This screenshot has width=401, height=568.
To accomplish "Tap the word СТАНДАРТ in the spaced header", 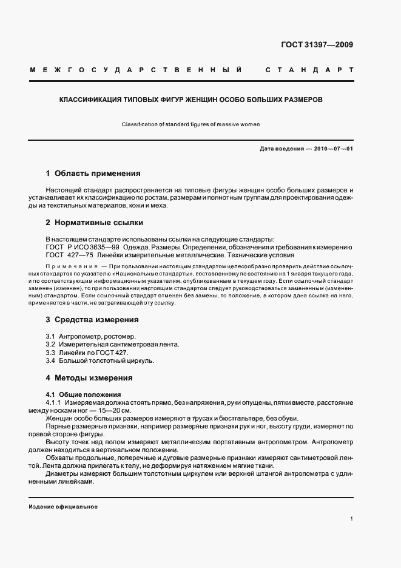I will point(309,70).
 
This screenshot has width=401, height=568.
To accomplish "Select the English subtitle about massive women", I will point(190,124).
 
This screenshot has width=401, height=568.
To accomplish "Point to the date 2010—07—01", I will point(331,149).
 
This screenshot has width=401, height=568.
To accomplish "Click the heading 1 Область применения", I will point(93,173).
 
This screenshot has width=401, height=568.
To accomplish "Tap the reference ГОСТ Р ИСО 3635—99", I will point(82,247).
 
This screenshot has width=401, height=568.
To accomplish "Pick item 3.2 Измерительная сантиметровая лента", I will point(112,344).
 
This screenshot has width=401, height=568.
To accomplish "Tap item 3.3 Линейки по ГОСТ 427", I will point(87,353).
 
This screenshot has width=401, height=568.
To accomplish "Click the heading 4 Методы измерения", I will point(89,377).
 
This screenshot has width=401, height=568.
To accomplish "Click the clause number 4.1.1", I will point(53,402).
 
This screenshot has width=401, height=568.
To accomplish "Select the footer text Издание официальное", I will point(63,507).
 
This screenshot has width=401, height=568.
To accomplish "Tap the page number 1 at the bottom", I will point(351,519).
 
